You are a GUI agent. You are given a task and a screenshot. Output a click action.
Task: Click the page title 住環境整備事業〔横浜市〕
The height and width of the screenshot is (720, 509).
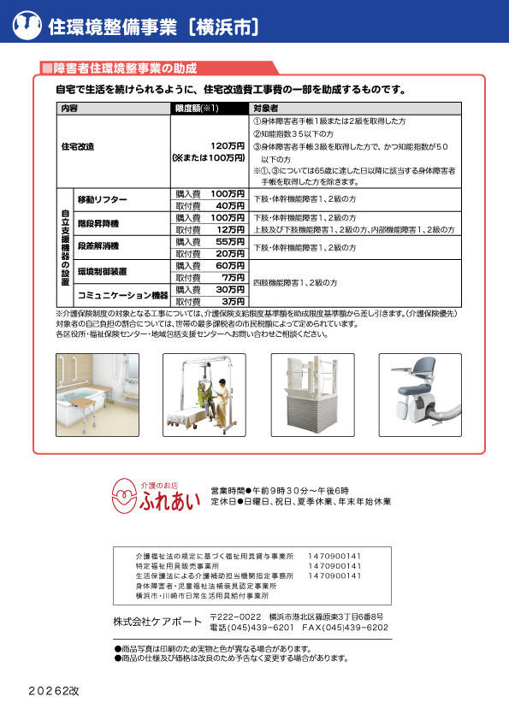(x=154, y=27)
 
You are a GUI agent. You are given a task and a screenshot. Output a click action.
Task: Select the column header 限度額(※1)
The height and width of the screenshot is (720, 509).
(x=198, y=109)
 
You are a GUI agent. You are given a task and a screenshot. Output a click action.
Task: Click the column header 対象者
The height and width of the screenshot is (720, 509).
(x=266, y=109)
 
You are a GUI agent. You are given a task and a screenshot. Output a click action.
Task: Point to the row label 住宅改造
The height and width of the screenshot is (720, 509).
(x=78, y=146)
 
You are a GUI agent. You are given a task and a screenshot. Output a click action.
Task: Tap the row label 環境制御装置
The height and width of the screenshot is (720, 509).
(x=102, y=272)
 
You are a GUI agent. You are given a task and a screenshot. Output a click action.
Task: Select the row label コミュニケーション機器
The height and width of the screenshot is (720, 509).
(x=123, y=296)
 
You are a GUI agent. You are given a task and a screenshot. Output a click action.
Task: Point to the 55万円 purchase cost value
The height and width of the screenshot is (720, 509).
(x=229, y=242)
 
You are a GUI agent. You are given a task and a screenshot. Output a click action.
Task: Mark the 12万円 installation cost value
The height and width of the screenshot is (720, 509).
(x=231, y=230)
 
